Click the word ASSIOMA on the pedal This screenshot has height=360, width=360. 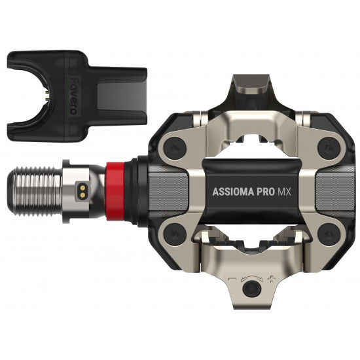pos(233,192)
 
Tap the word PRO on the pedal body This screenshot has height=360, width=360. pos(265,192)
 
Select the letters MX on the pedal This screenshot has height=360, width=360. pos(284,192)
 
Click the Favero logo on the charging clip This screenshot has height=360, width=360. pos(73,96)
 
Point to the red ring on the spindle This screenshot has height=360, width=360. pos(115,191)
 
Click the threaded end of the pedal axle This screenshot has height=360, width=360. pos(35,192)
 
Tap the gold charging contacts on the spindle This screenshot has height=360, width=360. pos(83,192)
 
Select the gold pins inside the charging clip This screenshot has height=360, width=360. pos(47,96)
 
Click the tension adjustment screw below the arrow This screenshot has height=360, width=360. pos(252,289)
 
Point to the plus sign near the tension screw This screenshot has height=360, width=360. pos(272,279)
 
